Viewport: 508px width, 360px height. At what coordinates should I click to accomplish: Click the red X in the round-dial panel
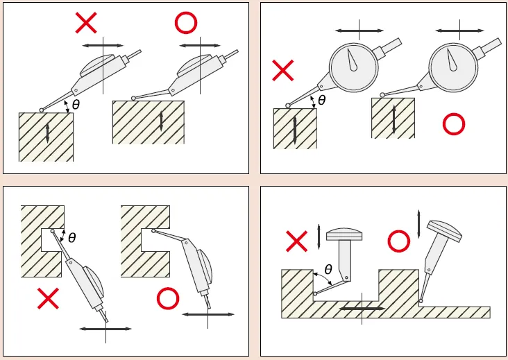click(x=283, y=70)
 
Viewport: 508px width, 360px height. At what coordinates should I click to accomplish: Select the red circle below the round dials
click(x=454, y=123)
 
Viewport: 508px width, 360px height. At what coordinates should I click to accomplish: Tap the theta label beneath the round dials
click(x=322, y=101)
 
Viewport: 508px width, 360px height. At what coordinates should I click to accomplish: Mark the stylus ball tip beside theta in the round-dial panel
click(x=288, y=105)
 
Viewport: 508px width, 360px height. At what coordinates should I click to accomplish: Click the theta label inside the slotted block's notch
click(x=72, y=238)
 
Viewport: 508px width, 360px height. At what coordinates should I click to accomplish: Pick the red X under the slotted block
click(x=49, y=298)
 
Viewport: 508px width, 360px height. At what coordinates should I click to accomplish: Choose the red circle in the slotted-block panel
click(x=168, y=298)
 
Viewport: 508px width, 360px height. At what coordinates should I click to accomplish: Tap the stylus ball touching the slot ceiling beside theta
click(x=53, y=231)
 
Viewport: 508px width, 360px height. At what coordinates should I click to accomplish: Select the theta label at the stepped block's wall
click(x=328, y=269)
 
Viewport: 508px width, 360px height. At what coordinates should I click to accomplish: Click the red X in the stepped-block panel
click(x=297, y=241)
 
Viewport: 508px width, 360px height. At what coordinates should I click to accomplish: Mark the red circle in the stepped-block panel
click(x=399, y=241)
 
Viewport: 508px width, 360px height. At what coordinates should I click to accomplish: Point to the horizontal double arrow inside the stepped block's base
click(x=362, y=309)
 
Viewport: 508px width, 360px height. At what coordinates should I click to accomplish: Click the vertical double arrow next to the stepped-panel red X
click(x=319, y=237)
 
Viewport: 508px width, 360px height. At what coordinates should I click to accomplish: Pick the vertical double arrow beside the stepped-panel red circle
click(x=418, y=224)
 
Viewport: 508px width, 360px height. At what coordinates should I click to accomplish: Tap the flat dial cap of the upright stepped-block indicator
click(x=344, y=234)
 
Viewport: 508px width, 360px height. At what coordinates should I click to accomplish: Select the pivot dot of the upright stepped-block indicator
click(x=346, y=277)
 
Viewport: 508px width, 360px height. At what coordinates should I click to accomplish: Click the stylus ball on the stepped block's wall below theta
click(x=315, y=293)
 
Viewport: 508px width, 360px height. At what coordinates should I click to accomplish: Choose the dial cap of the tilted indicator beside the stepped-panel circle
click(x=444, y=231)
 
